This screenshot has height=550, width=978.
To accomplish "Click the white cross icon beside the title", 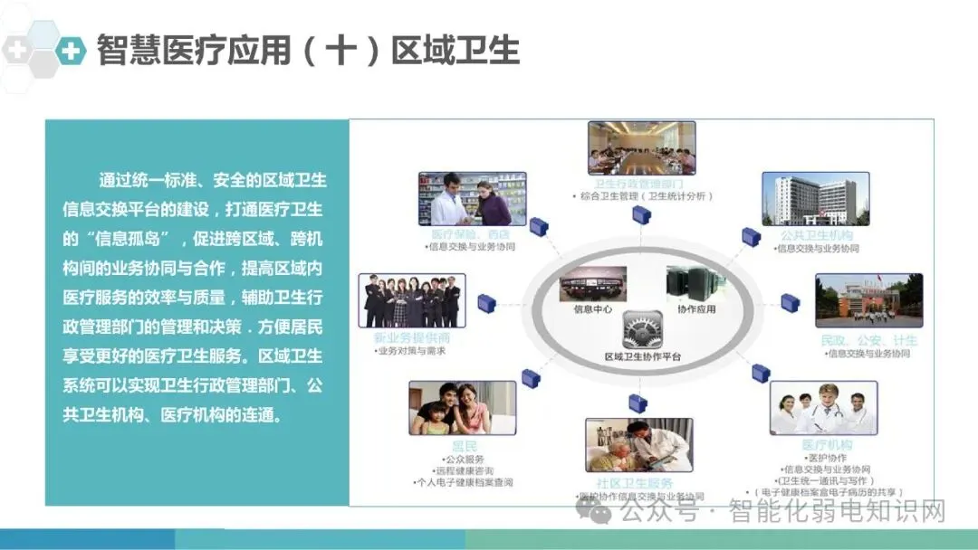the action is coord(70,51).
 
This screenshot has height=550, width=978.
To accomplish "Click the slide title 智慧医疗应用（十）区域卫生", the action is coord(308,51).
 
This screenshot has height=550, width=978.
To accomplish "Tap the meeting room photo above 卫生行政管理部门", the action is coord(641,147).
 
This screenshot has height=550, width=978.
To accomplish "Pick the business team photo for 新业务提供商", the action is coord(412,300).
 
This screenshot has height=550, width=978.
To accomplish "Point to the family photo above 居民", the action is coord(462,408).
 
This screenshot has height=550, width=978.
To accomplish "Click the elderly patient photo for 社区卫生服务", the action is coord(638,444).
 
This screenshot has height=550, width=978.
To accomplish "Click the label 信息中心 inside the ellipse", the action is coord(593,309).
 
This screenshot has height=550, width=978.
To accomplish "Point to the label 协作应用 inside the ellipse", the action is coord(696,309).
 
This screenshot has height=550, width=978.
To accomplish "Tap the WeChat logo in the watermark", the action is coord(600,512).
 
